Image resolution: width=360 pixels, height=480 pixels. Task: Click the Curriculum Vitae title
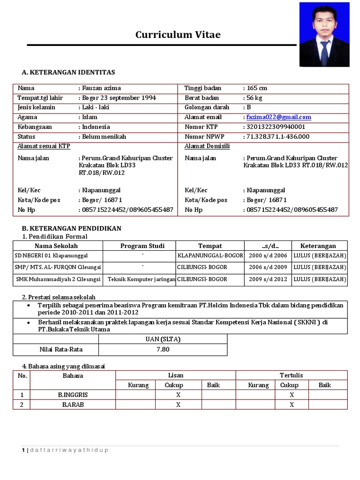(178, 35)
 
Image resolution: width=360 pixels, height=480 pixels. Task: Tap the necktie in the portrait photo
(324, 52)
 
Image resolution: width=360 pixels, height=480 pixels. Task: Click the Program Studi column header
(139, 246)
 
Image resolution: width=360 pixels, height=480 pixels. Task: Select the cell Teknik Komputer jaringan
(141, 279)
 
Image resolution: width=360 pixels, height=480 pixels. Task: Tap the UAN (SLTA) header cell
(163, 339)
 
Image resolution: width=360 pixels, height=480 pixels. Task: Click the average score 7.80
(163, 349)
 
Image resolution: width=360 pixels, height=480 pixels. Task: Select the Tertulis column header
(291, 375)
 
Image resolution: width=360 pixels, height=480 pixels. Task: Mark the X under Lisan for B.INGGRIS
(178, 395)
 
